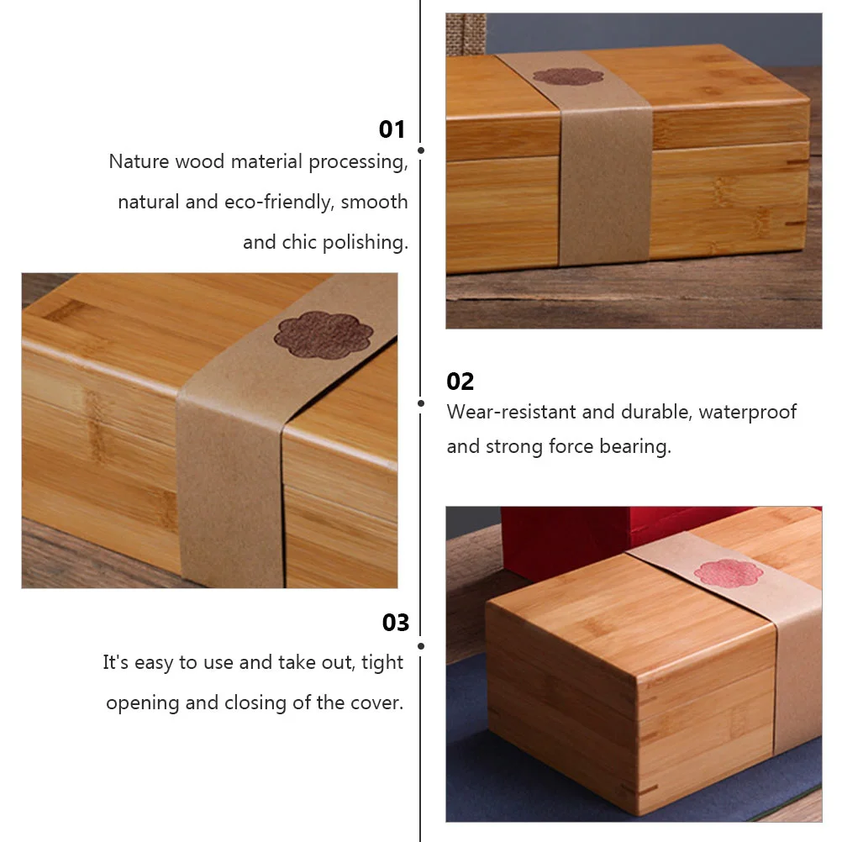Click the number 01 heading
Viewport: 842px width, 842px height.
tap(392, 129)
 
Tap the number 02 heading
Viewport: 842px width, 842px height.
tap(460, 382)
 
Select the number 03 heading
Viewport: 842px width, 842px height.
tap(396, 623)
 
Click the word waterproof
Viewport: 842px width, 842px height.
tap(747, 412)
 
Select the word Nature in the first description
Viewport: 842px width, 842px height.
tap(139, 161)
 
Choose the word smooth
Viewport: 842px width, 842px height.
tap(374, 202)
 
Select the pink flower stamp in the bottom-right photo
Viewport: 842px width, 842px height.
tap(728, 573)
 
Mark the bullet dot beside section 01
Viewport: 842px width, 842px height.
tap(420, 150)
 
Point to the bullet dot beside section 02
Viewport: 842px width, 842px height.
tap(420, 403)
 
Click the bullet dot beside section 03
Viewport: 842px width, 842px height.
tap(420, 646)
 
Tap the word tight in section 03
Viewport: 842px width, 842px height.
tap(383, 662)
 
